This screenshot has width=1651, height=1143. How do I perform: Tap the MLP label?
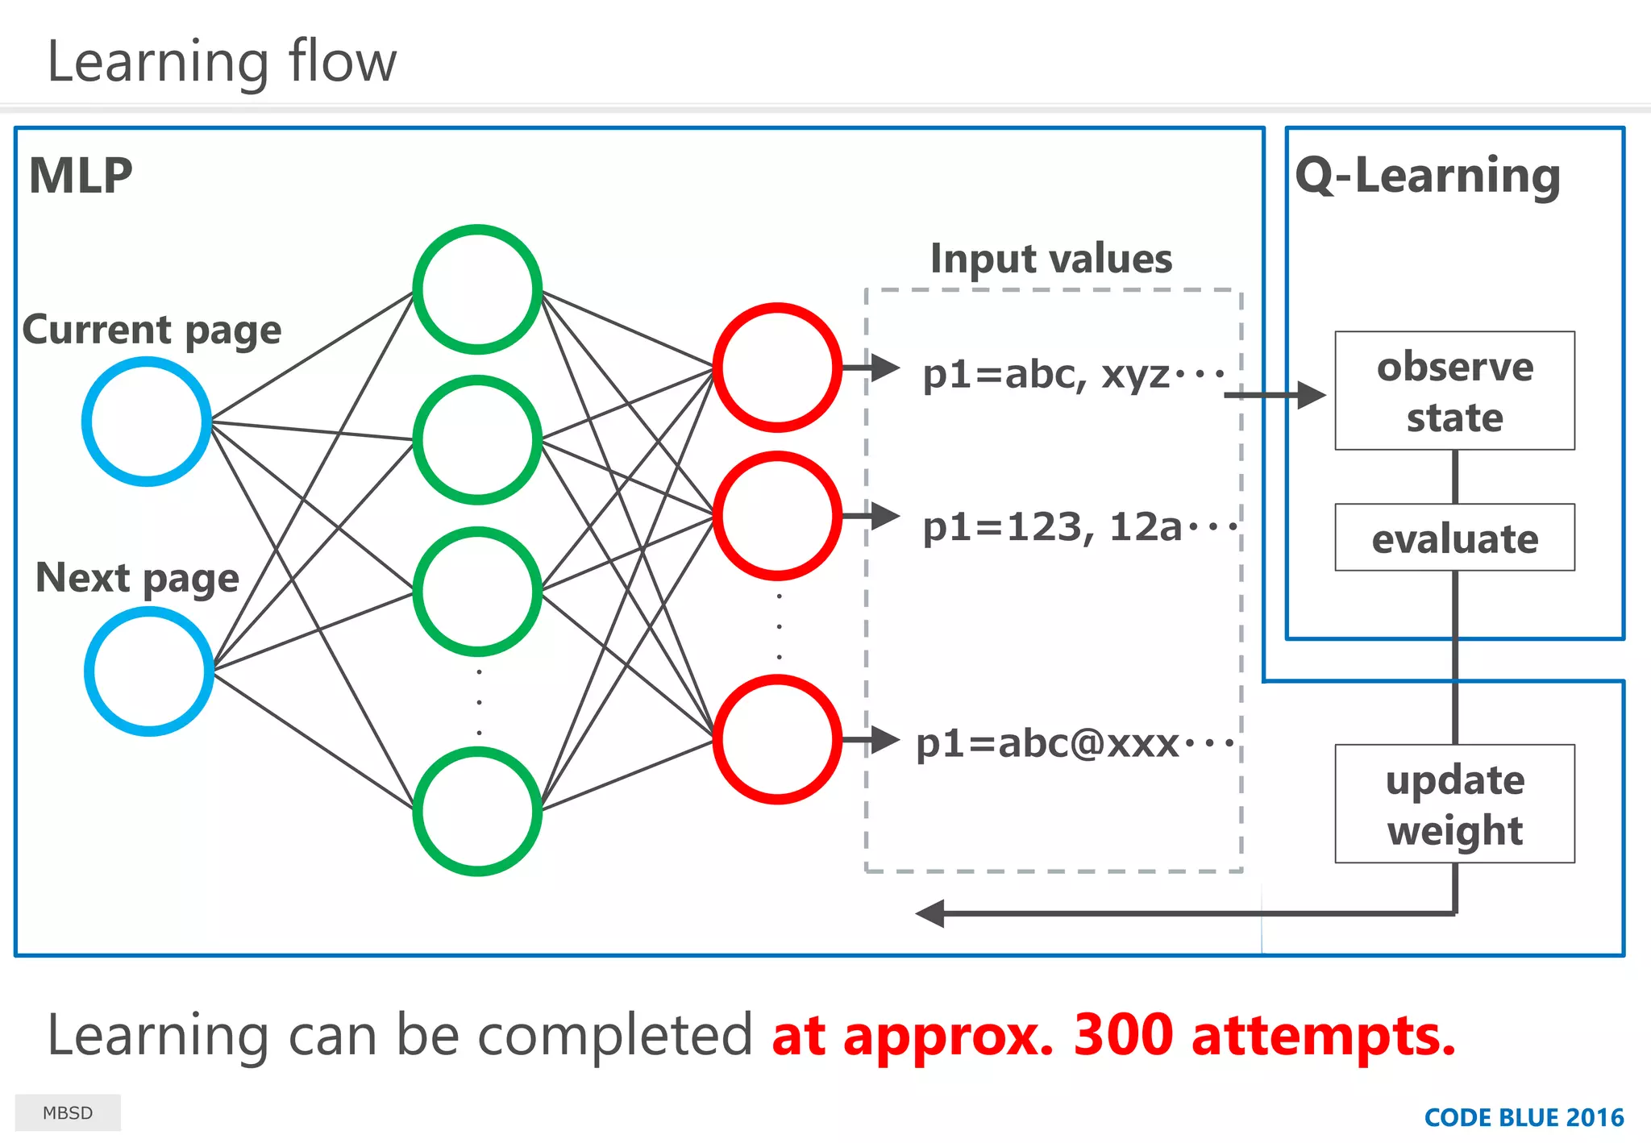pos(81,176)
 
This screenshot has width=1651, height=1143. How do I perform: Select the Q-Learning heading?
pos(1428,176)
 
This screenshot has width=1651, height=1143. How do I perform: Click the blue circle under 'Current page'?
pos(147,422)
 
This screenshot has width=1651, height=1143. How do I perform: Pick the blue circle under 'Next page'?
pos(149,671)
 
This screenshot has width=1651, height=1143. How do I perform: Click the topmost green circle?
pos(477,289)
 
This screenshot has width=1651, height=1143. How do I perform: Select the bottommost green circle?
pos(477,811)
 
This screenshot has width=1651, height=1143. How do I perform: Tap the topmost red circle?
pos(777,368)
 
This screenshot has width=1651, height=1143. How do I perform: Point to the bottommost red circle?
pos(777,739)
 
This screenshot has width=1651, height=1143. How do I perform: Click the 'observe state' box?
pos(1454,391)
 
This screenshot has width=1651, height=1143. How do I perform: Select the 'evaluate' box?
pos(1454,538)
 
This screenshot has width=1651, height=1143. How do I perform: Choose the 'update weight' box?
pos(1454,804)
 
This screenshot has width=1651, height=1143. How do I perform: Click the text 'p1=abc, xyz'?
pos(1046,374)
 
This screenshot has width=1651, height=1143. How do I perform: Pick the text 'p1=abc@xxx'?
pos(1048,743)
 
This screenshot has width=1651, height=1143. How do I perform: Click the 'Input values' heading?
pos(1051,259)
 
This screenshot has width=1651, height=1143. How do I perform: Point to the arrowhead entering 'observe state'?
pos(1312,395)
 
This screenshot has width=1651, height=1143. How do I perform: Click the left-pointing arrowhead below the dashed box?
pos(930,913)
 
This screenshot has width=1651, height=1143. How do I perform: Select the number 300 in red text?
pos(1123,1035)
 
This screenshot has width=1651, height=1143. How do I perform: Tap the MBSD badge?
pos(68,1113)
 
